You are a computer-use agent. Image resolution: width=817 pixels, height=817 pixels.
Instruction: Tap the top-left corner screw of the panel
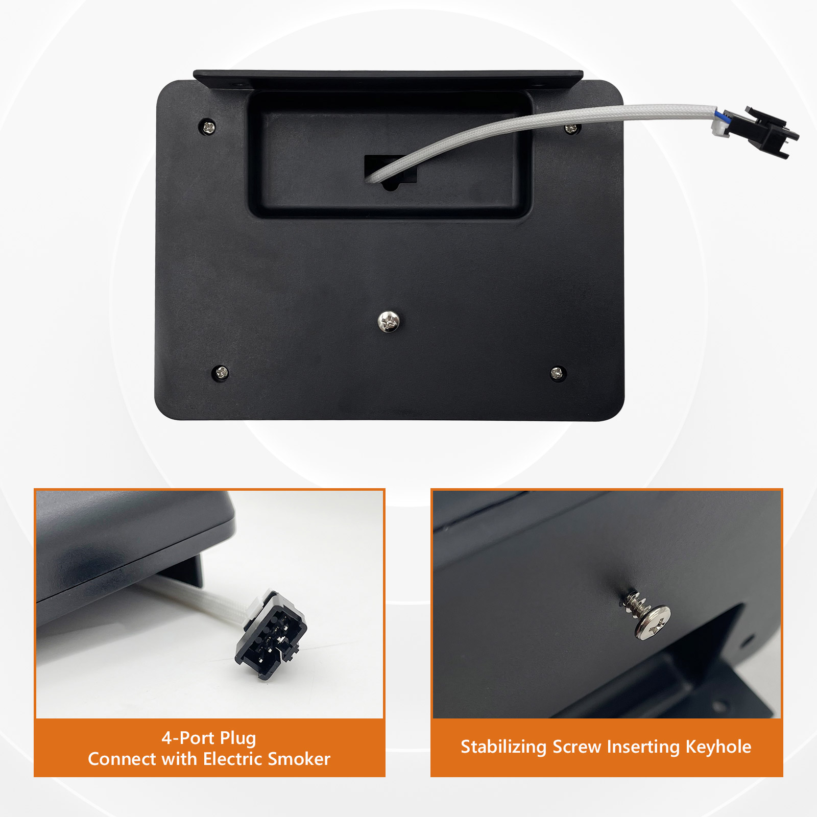[x=208, y=126]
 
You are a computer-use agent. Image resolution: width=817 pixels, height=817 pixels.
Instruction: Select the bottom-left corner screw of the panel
[x=221, y=372]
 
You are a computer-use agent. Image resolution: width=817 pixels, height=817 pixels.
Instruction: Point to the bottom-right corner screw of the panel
[x=558, y=373]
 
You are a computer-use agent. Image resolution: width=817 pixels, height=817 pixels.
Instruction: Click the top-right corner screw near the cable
[x=571, y=128]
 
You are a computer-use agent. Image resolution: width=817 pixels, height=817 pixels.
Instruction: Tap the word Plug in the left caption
[x=238, y=738]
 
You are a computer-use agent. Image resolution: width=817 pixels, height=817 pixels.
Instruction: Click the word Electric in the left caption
[x=232, y=759]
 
